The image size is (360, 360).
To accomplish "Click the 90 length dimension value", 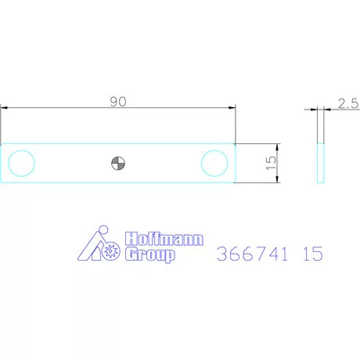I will click(x=118, y=101).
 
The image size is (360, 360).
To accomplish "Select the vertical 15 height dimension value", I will click(x=270, y=164).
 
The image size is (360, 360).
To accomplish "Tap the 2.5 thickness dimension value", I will click(x=347, y=103).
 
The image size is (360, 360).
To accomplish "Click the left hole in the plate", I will click(x=21, y=163).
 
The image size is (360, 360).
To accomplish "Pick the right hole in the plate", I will click(x=214, y=163).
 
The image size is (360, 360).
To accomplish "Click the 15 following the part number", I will click(x=311, y=254).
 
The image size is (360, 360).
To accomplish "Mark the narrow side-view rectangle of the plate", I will click(x=320, y=163).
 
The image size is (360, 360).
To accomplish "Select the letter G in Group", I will click(x=131, y=256).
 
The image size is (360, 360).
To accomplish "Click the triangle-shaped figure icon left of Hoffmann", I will click(x=93, y=245).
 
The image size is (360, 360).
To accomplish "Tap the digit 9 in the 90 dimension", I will click(x=114, y=101).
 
